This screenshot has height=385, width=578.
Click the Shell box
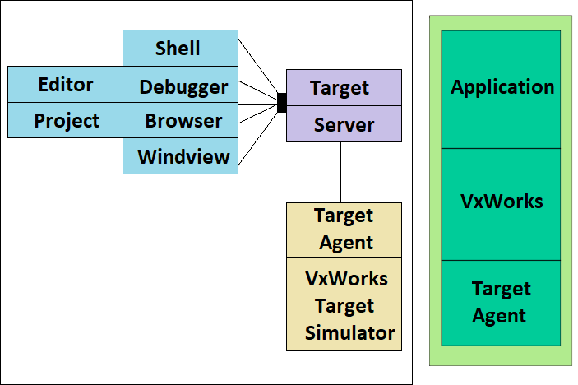[x=179, y=49]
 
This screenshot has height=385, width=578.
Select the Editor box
[x=65, y=85]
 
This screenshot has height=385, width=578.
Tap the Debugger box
[x=183, y=86]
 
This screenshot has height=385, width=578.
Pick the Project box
[x=65, y=121]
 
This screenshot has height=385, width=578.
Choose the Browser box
[x=183, y=121]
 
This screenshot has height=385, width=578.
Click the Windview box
[x=183, y=156]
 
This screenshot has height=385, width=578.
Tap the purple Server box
[x=343, y=124]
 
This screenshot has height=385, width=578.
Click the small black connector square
[x=281, y=103]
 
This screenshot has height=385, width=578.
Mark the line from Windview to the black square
[x=257, y=132]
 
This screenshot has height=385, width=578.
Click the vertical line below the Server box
[x=340, y=172]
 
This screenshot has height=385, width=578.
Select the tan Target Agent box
[x=343, y=230]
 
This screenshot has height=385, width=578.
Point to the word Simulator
[x=349, y=333]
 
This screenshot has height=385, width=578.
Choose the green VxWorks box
[x=501, y=202]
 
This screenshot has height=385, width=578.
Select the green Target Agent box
[x=501, y=302]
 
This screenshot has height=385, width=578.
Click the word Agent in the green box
[x=500, y=316]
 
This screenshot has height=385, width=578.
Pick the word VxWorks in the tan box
[x=346, y=278]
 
